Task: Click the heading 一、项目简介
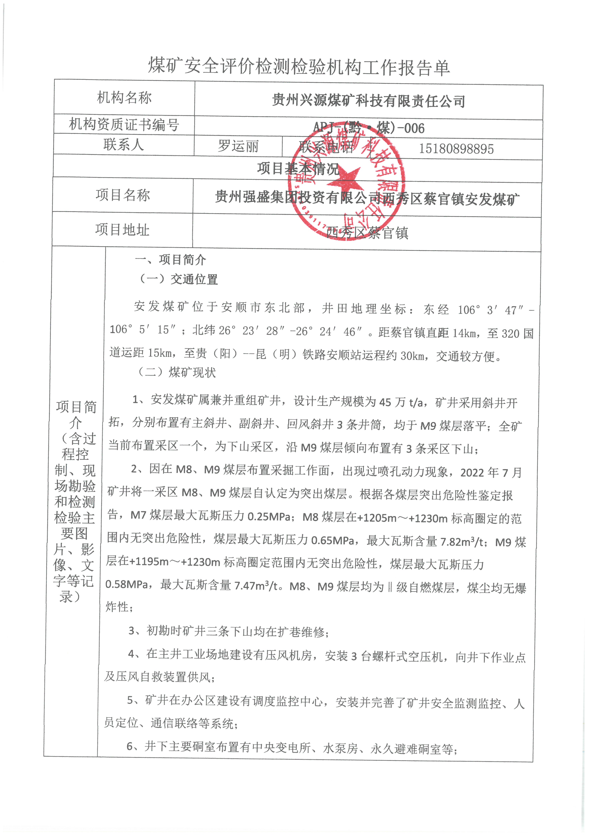[x=170, y=260]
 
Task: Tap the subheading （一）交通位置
[x=178, y=279]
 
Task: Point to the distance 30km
[x=412, y=355]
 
